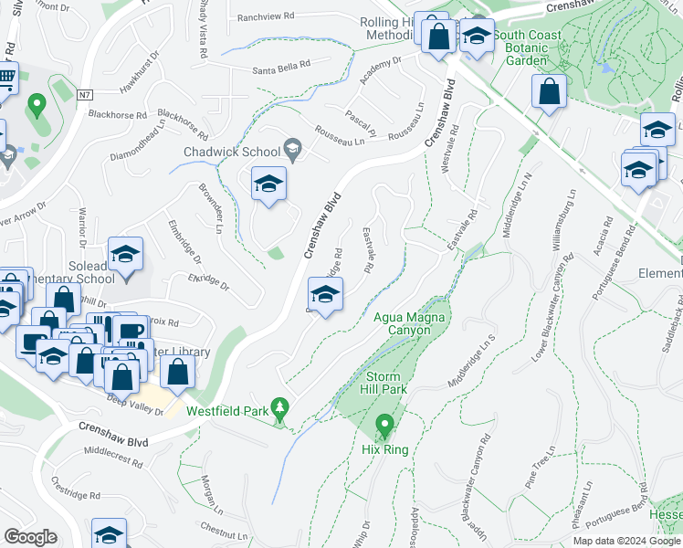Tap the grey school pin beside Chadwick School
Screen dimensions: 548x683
click(292, 148)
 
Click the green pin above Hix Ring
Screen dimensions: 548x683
click(384, 426)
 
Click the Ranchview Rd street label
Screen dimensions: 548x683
click(266, 16)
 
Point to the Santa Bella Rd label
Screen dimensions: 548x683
click(282, 68)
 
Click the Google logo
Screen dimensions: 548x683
click(30, 536)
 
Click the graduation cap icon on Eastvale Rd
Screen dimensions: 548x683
click(323, 294)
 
